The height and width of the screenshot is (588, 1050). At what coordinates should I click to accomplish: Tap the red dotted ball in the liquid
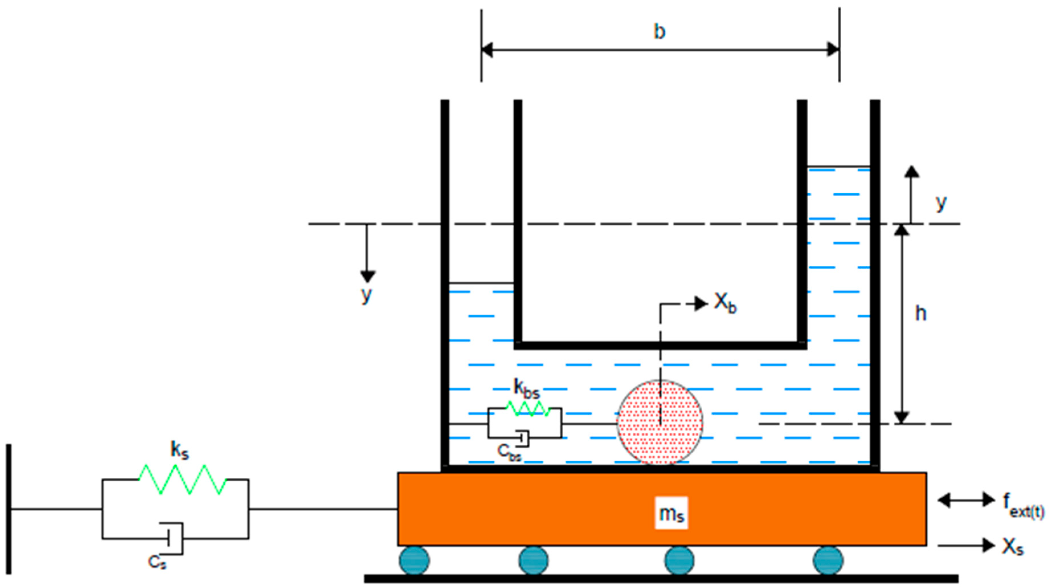[x=660, y=422]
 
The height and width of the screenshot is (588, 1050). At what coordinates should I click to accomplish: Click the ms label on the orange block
[x=671, y=513]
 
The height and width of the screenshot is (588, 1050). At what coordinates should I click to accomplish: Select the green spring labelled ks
[x=183, y=480]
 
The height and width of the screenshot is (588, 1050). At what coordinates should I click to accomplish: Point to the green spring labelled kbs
[x=528, y=408]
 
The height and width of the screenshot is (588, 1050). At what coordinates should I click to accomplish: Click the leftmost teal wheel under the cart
[x=414, y=561]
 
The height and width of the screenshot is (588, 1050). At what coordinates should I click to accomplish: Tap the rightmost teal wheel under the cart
[x=828, y=561]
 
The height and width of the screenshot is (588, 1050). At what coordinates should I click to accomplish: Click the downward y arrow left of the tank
[x=367, y=253]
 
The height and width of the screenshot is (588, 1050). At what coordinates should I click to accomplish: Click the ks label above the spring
[x=179, y=450]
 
